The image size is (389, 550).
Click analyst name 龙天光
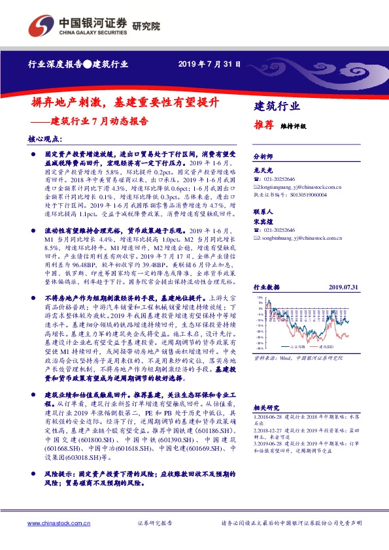[x=262, y=169]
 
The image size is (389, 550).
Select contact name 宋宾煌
[x=262, y=222]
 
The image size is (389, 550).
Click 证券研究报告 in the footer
[x=154, y=523]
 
